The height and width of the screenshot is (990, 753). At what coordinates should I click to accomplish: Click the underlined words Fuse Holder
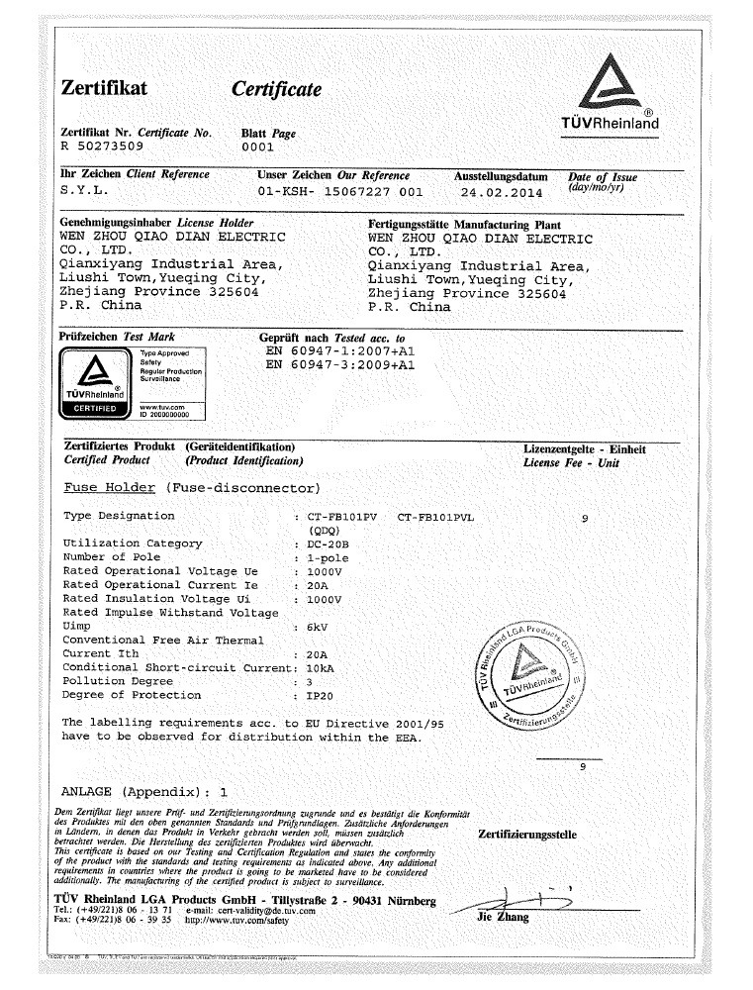click(110, 488)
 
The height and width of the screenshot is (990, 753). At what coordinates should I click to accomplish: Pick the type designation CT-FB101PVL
click(435, 517)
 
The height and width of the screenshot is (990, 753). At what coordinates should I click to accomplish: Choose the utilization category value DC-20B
click(329, 544)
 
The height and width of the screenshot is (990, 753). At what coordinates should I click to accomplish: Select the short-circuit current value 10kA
click(322, 668)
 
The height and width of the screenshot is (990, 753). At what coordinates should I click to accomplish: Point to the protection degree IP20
click(321, 696)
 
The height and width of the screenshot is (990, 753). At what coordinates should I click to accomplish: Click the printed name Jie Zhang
click(503, 918)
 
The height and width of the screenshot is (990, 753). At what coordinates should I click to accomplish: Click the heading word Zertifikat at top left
click(105, 89)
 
